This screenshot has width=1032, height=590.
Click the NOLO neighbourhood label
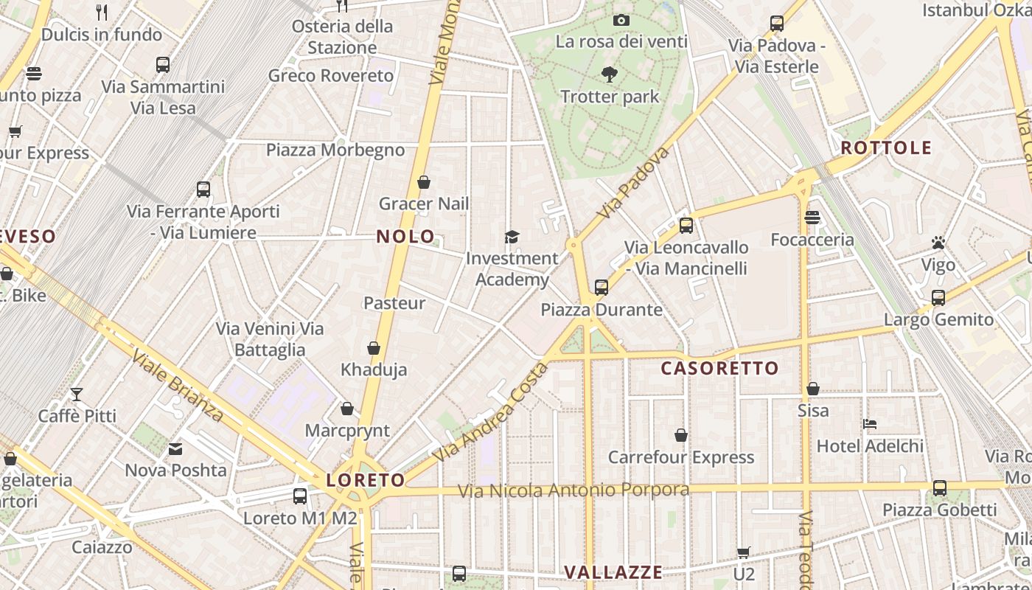(x=405, y=237)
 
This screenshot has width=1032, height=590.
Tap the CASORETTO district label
(x=719, y=368)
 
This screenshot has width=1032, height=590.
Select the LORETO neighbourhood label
(x=366, y=480)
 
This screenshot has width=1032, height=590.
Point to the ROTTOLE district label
(x=886, y=147)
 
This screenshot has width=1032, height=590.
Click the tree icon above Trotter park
(x=609, y=74)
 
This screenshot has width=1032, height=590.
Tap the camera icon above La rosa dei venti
(x=621, y=20)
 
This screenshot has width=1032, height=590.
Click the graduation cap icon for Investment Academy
(x=512, y=237)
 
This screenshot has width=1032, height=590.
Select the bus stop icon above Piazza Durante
(x=602, y=287)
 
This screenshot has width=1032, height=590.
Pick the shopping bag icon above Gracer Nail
(x=424, y=181)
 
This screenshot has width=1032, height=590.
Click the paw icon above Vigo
(x=938, y=243)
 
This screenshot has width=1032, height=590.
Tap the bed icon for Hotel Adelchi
(x=870, y=424)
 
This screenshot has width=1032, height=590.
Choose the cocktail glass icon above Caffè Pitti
(x=77, y=394)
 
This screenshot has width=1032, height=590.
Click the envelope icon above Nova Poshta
(x=175, y=448)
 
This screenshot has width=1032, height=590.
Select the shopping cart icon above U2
(x=744, y=552)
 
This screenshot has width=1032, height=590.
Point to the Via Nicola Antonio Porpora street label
(x=573, y=490)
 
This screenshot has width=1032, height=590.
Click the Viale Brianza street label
(x=178, y=387)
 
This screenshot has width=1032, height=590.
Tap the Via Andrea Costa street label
(x=490, y=413)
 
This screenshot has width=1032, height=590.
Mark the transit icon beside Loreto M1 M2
(x=299, y=496)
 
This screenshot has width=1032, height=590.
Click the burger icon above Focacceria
(x=812, y=218)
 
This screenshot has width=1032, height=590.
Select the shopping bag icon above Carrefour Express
(x=681, y=436)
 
